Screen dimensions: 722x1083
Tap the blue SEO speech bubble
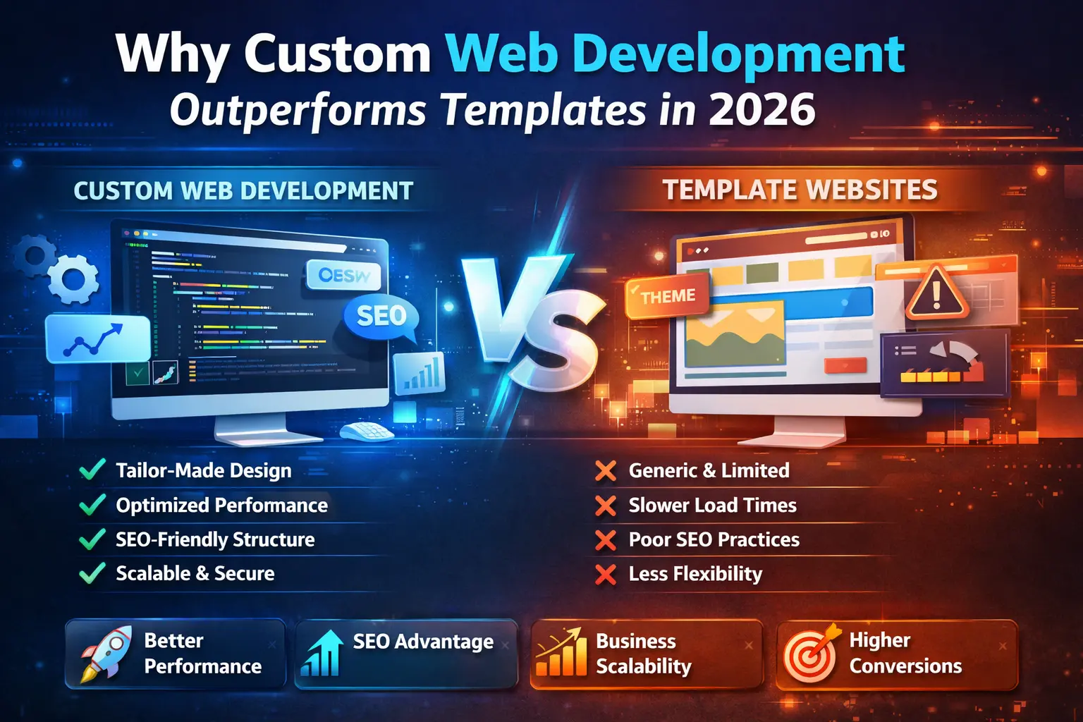tap(381, 316)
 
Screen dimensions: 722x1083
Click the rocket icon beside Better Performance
tap(104, 652)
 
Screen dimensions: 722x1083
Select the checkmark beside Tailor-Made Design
tap(92, 470)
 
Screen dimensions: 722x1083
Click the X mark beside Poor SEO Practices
tap(605, 540)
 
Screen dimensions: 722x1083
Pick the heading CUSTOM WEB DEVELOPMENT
tap(243, 191)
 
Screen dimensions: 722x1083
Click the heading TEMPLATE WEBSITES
tap(800, 190)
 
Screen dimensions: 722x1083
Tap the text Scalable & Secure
tap(195, 573)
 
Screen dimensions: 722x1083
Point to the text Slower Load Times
tap(712, 506)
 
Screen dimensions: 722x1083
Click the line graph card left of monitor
tap(97, 339)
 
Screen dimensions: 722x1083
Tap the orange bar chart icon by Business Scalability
tap(562, 653)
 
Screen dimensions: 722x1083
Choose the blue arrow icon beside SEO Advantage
tap(322, 653)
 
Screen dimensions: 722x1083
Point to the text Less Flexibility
tap(695, 574)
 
